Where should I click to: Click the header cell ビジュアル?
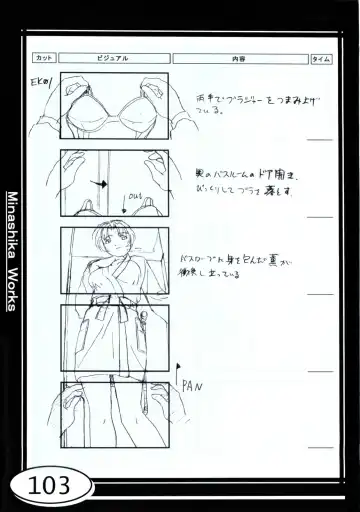pos(112,59)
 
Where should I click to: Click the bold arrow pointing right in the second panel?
pos(99,184)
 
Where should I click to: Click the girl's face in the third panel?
pos(116,246)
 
